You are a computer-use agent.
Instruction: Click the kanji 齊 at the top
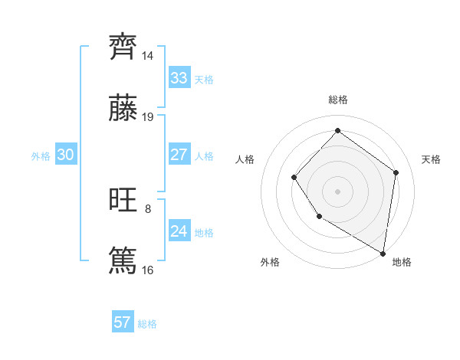pyautogui.click(x=123, y=47)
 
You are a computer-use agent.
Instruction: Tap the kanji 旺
pyautogui.click(x=123, y=200)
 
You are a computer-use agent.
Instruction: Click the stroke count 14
pyautogui.click(x=148, y=56)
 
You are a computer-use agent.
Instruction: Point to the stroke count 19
pyautogui.click(x=148, y=116)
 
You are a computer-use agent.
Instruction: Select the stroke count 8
pyautogui.click(x=148, y=208)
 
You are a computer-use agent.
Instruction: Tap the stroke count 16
pyautogui.click(x=148, y=270)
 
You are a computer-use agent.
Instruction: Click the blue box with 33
pyautogui.click(x=179, y=78)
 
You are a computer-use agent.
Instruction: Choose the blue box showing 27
pyautogui.click(x=179, y=155)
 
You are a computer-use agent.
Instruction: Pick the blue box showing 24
pyautogui.click(x=179, y=231)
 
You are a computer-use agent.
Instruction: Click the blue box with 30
pyautogui.click(x=65, y=155)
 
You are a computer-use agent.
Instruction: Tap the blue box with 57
pyautogui.click(x=123, y=322)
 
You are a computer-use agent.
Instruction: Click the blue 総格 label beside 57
pyautogui.click(x=147, y=324)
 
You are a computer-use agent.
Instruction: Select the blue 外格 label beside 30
pyautogui.click(x=41, y=156)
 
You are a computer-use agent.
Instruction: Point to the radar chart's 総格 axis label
pyautogui.click(x=337, y=100)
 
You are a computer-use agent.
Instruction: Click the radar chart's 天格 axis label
pyautogui.click(x=431, y=159)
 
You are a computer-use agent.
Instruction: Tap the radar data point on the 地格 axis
pyautogui.click(x=383, y=254)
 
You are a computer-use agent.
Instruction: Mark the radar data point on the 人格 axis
pyautogui.click(x=294, y=178)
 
